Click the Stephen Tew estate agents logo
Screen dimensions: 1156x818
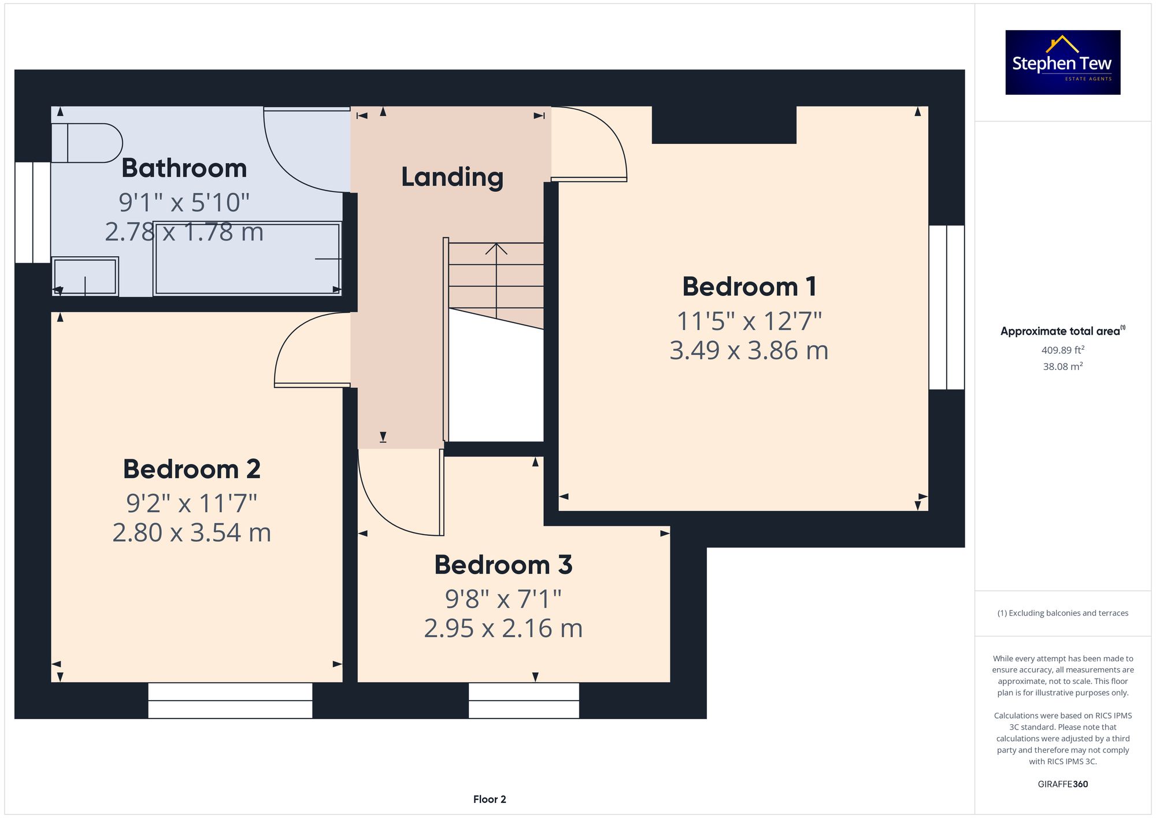(x=1062, y=62)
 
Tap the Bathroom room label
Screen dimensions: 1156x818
(x=184, y=168)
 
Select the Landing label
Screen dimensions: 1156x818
(x=452, y=177)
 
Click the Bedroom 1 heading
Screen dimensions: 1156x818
(x=749, y=287)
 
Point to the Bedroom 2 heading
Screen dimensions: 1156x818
(x=192, y=469)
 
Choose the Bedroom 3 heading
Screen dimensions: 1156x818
(x=503, y=565)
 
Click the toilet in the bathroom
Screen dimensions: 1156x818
(x=87, y=143)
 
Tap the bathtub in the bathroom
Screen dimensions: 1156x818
(x=247, y=259)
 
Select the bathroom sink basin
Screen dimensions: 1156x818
(x=85, y=276)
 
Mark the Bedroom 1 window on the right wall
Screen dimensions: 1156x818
(x=946, y=307)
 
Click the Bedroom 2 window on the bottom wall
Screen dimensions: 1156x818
(x=230, y=701)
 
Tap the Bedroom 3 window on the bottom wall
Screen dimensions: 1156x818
(x=524, y=701)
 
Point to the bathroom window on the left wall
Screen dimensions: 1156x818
(x=32, y=212)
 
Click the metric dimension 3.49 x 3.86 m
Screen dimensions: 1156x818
(x=749, y=350)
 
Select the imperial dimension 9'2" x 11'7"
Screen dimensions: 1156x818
(x=192, y=504)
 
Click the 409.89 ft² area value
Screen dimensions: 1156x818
(x=1063, y=350)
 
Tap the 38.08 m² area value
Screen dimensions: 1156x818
(x=1063, y=366)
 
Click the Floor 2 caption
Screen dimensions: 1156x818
(x=490, y=800)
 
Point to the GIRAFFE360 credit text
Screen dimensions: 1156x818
(x=1063, y=784)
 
